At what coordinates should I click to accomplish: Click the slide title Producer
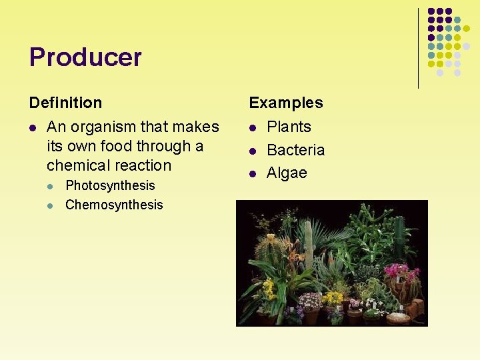pos(85,57)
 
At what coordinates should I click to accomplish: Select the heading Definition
pos(65,103)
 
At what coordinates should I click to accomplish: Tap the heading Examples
pos(285,103)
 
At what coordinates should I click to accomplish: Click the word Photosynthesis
pos(110,185)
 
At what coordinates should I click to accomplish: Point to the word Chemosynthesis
pos(114,205)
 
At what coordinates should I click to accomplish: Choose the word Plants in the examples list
pos(289,127)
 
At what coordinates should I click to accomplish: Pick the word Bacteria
pos(295,150)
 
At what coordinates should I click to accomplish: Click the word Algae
pos(287,173)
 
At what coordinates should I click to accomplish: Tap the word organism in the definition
pos(100,127)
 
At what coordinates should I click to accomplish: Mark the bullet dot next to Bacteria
pos(253,151)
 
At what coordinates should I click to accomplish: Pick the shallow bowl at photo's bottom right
pos(398,318)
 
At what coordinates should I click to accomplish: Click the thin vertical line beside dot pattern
pos(418,48)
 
